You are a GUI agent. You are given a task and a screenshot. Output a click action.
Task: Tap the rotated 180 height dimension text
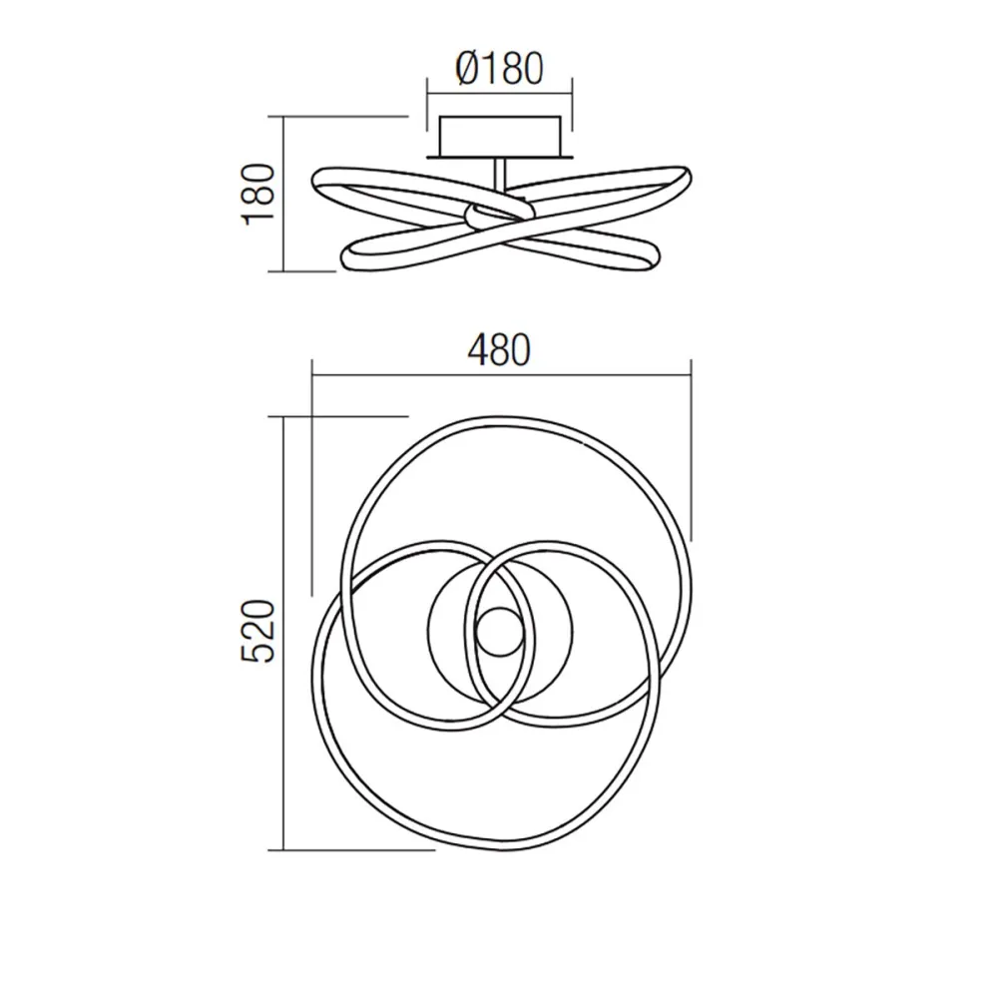pos(259,193)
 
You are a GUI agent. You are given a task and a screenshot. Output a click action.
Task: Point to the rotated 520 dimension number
pos(259,632)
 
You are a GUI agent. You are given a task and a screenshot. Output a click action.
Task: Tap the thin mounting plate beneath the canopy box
pos(499,157)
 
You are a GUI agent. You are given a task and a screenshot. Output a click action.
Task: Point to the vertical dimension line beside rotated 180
pos(285,193)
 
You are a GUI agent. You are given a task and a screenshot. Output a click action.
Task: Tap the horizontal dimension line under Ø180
pos(499,96)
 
